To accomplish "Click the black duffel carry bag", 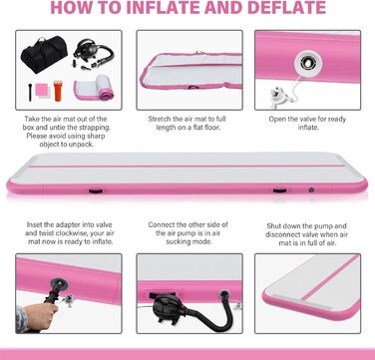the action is pos(44,54).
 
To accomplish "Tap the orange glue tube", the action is pos(58,91).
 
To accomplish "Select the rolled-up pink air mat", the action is pos(94,88).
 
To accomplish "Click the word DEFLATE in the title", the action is pos(286,8).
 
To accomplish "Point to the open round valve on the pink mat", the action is pos(308,63).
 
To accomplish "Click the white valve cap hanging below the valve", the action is pos(280,96).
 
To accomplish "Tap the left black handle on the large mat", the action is pos(96,190).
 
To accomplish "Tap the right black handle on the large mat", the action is pos(279,190).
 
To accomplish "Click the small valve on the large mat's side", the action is pos(311,189).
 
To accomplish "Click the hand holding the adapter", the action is pos(37,315).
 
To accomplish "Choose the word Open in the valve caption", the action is pos(277,119).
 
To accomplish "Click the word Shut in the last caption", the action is pos(274,226).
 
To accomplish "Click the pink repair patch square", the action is pos(42,89).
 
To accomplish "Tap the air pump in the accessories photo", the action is pos(91,53).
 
